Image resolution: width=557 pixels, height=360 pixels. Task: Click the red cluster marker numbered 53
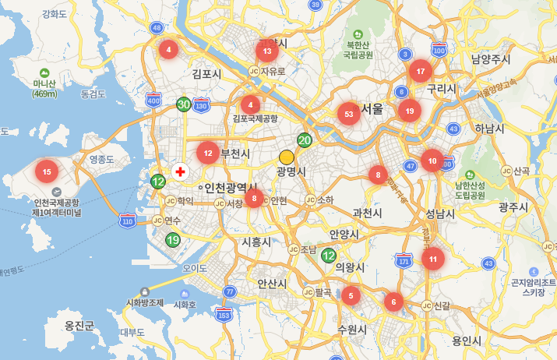point(347,114)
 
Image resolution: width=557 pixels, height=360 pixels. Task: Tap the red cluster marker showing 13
point(267,52)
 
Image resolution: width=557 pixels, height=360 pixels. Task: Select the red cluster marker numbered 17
point(421,72)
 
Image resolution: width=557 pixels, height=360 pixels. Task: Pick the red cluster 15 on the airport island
point(47,171)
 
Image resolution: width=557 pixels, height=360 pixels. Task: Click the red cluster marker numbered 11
point(433,259)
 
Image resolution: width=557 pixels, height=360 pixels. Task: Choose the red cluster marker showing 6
point(394,302)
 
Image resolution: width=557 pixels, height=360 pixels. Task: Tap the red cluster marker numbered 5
point(351,295)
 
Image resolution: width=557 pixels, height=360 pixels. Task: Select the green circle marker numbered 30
point(184,104)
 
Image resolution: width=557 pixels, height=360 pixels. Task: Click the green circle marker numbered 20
point(305,140)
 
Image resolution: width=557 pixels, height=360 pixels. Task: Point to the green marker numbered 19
point(172,240)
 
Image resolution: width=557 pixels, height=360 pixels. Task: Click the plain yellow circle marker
point(286,157)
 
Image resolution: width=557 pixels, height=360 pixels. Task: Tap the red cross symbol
point(181,171)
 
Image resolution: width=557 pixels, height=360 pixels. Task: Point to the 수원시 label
point(352,330)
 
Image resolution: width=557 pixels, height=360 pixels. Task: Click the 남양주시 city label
point(491,59)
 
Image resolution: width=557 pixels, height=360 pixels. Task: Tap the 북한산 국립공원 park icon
point(358,34)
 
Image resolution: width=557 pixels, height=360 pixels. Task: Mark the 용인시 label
point(467,341)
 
